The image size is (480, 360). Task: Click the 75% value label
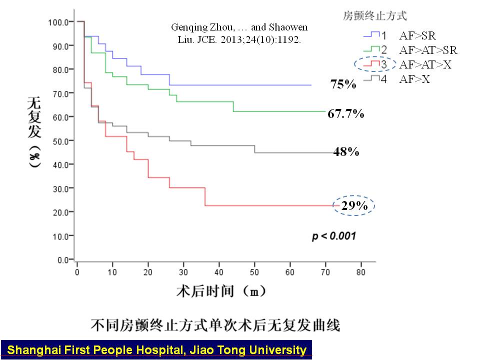(343, 84)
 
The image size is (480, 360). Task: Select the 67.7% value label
(345, 114)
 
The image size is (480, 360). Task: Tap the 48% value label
(346, 152)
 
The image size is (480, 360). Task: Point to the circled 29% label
(354, 205)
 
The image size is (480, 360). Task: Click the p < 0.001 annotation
(334, 235)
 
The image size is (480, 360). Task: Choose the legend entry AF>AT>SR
(428, 50)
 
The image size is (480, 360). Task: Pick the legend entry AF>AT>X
(425, 64)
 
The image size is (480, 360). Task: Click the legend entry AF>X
(414, 79)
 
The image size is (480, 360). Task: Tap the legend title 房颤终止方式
(374, 16)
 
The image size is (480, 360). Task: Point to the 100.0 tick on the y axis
(58, 22)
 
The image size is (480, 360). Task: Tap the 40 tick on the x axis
(219, 272)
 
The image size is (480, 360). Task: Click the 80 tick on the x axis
(361, 272)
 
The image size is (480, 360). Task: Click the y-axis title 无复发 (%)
(33, 134)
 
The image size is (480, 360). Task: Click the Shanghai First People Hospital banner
(156, 349)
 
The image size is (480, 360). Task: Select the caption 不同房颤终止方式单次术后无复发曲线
(215, 325)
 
